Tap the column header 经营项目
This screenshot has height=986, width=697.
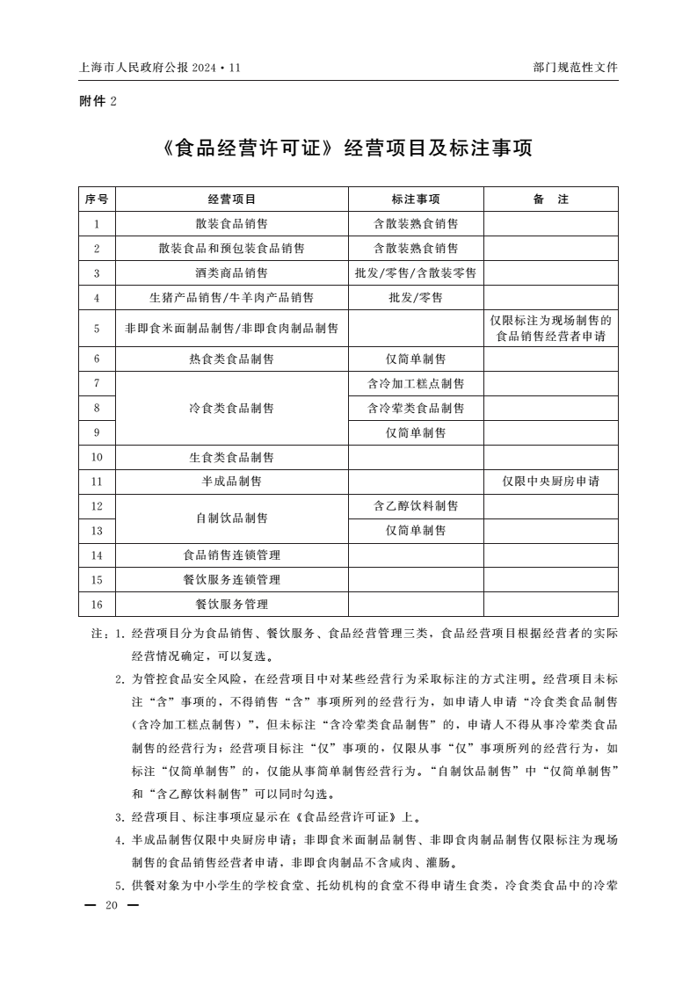click(x=232, y=199)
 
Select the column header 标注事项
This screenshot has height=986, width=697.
click(x=416, y=199)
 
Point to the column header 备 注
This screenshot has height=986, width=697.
click(x=550, y=199)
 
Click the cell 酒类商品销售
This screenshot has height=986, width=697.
click(x=232, y=273)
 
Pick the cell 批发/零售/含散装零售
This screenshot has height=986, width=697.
click(x=416, y=273)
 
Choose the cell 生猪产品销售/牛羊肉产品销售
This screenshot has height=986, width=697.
click(x=232, y=298)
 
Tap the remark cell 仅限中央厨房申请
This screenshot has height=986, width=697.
click(x=550, y=482)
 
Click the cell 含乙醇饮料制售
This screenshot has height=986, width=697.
click(x=416, y=506)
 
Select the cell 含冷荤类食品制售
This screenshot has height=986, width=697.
click(x=416, y=408)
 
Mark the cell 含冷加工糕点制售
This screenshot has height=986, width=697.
click(x=416, y=383)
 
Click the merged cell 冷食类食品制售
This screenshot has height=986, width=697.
click(x=232, y=408)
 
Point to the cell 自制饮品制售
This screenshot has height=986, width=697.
click(x=232, y=518)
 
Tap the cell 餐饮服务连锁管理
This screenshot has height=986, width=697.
click(x=232, y=580)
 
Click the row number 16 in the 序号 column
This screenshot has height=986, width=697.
click(x=97, y=605)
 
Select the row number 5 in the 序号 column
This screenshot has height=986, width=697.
click(x=97, y=329)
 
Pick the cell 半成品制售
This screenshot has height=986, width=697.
click(x=232, y=482)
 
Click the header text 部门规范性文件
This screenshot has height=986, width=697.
click(x=575, y=67)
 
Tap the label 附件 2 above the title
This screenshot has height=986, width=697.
click(x=98, y=101)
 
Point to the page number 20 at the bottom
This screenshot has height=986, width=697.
click(x=110, y=906)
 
